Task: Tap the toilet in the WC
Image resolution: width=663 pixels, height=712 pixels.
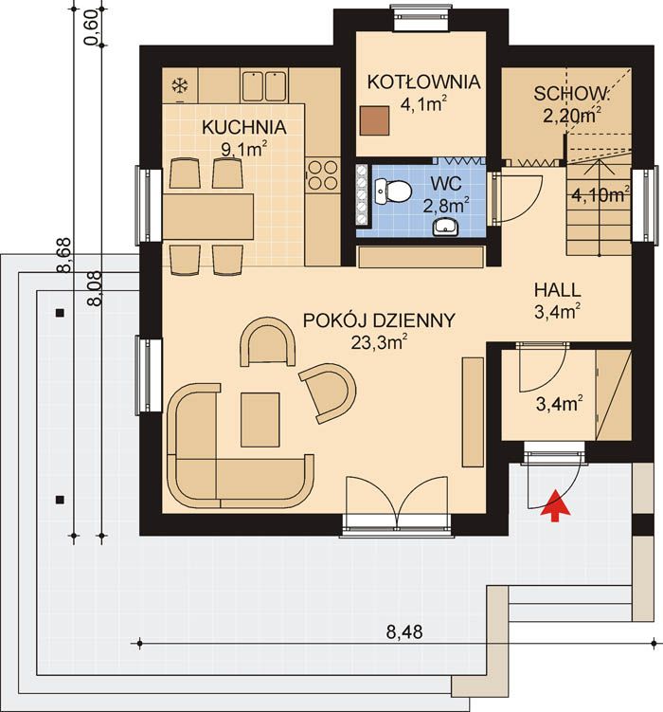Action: tap(393, 191)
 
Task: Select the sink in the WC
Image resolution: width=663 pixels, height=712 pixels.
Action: tap(446, 227)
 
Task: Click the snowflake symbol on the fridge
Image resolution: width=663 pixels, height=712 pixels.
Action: tap(180, 85)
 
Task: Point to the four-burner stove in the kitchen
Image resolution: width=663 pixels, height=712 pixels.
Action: tap(322, 175)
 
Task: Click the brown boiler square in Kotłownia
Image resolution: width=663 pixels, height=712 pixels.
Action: tap(374, 120)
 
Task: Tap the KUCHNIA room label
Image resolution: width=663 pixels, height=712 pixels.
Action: tap(244, 128)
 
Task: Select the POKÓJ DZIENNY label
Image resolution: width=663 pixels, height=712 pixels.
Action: tap(379, 320)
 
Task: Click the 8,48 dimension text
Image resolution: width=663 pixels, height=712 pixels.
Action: tap(404, 632)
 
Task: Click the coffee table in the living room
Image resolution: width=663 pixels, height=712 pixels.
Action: tap(260, 420)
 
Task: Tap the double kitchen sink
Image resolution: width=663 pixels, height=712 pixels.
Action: tap(264, 85)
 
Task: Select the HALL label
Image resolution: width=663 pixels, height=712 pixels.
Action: tap(557, 290)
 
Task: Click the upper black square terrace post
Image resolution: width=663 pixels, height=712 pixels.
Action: tap(60, 313)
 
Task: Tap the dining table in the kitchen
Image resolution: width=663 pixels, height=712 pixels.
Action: tap(208, 216)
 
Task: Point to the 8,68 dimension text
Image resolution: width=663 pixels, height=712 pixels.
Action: tap(64, 255)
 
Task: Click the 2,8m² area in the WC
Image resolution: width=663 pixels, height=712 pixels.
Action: tap(446, 206)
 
